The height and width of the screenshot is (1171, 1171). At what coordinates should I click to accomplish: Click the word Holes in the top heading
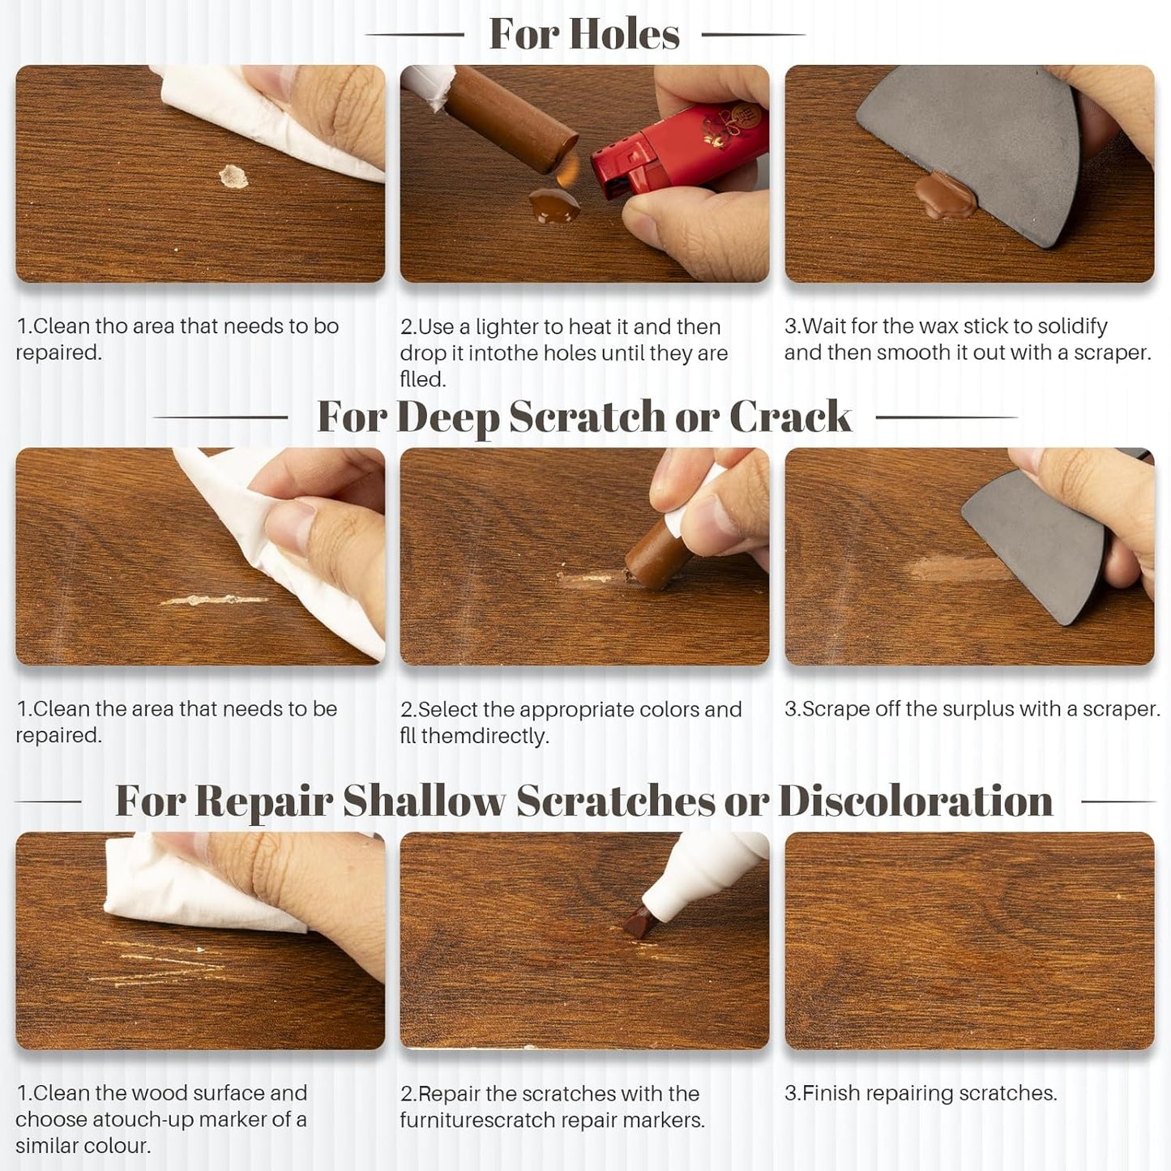point(624,34)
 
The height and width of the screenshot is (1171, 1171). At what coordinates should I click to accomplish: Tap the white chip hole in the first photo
point(233,176)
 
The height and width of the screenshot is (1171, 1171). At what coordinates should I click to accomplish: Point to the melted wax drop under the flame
point(555,204)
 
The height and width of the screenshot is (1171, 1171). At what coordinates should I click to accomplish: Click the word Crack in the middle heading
point(790,417)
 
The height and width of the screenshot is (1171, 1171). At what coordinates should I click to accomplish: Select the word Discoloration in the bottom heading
point(915,801)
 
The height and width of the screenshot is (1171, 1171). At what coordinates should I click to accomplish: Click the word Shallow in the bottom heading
point(424,801)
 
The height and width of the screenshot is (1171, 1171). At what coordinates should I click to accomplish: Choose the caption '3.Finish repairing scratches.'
point(921,1093)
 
